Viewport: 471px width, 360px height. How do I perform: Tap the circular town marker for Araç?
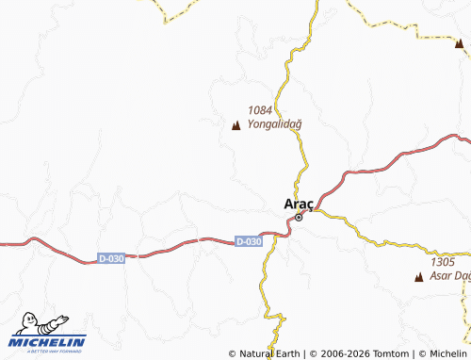(299, 218)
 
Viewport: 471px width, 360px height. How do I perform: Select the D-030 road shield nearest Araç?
(248, 242)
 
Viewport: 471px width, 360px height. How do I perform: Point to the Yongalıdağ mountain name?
(274, 123)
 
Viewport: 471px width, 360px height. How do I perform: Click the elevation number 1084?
(260, 109)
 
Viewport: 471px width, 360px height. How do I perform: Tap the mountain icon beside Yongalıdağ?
(235, 123)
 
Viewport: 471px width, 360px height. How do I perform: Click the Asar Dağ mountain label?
(448, 276)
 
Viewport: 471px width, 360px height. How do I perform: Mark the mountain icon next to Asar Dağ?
(419, 277)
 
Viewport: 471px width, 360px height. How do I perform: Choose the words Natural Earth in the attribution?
(269, 353)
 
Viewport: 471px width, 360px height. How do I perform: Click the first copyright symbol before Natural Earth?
(233, 353)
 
